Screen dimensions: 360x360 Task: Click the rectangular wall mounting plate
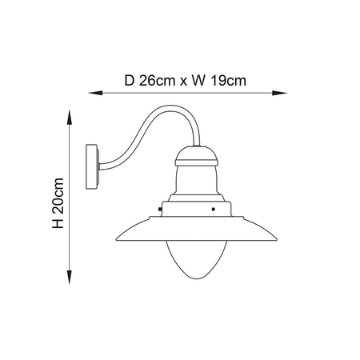93,167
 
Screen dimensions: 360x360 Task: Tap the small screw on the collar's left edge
161,211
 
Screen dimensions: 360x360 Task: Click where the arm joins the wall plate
100,166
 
